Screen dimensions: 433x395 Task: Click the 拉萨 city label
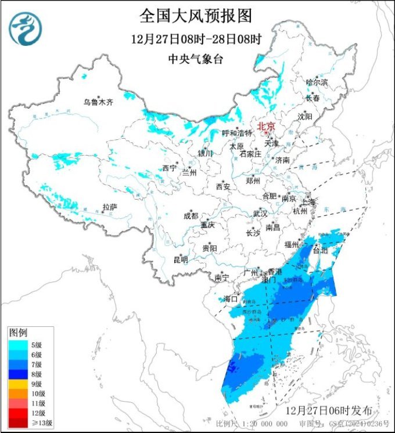pos(109,207)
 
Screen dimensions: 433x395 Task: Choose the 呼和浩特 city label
pos(237,133)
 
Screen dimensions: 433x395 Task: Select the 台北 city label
pos(321,251)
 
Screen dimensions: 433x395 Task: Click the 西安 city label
pos(223,187)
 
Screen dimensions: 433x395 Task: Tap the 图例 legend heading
pos(18,333)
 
